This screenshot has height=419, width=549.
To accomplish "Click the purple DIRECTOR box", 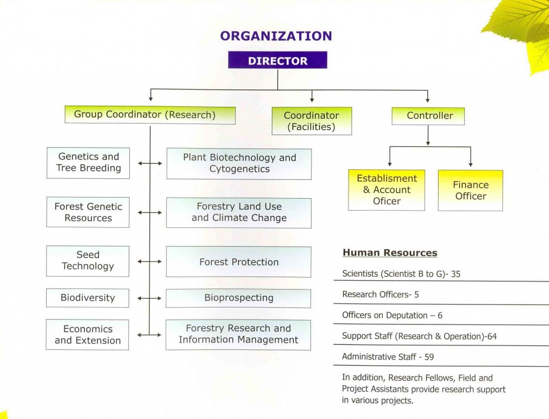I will pyautogui.click(x=277, y=60).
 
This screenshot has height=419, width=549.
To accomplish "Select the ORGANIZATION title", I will pyautogui.click(x=276, y=36).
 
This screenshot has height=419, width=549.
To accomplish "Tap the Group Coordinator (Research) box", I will pyautogui.click(x=150, y=115).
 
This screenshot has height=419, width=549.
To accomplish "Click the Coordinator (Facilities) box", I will pyautogui.click(x=311, y=121).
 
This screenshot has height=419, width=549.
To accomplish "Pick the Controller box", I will pyautogui.click(x=428, y=116).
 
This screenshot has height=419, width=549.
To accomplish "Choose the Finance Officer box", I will pyautogui.click(x=470, y=190).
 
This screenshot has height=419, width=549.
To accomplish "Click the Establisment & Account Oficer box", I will pyautogui.click(x=387, y=190).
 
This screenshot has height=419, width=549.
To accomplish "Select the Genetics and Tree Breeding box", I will pyautogui.click(x=88, y=163).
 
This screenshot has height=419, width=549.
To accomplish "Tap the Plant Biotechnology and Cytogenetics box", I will pyautogui.click(x=239, y=163).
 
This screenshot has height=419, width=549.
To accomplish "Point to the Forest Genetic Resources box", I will pyautogui.click(x=88, y=212).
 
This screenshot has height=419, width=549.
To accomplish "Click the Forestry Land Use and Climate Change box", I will pyautogui.click(x=239, y=213).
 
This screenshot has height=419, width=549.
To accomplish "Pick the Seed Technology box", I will pyautogui.click(x=88, y=261).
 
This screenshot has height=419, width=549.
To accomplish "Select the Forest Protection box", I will pyautogui.click(x=239, y=262).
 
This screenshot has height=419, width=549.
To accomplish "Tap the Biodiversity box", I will pyautogui.click(x=87, y=298).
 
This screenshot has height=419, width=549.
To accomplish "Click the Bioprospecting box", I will pyautogui.click(x=239, y=298).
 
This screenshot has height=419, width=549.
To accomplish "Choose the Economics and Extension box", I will pyautogui.click(x=87, y=335).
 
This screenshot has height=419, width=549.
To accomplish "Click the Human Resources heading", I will pyautogui.click(x=390, y=253).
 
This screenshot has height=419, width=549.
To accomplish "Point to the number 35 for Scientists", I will pyautogui.click(x=456, y=274).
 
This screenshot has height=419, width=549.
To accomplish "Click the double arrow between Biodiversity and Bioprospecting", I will pyautogui.click(x=150, y=298).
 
